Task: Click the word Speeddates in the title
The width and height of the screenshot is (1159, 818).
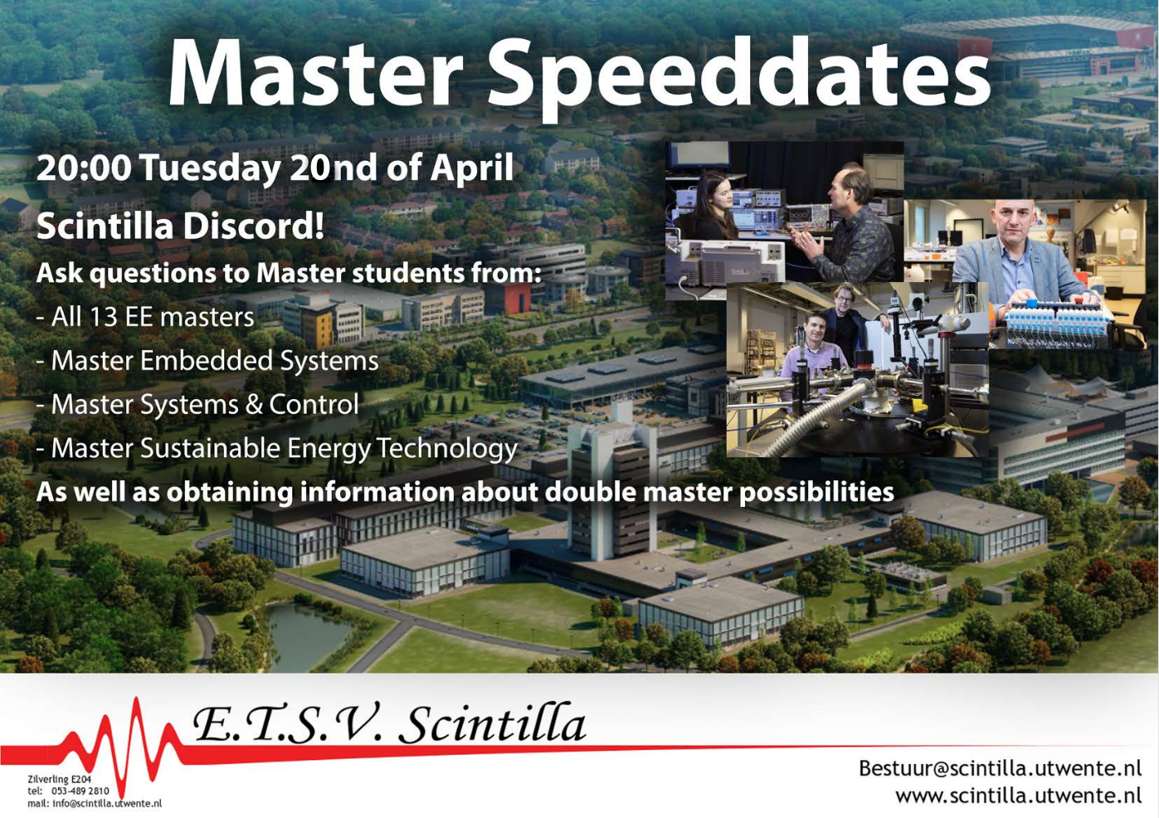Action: click(739, 78)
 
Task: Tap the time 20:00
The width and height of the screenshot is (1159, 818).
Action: click(84, 168)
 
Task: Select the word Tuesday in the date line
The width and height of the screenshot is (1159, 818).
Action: click(210, 169)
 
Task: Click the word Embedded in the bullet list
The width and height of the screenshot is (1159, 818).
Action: click(206, 360)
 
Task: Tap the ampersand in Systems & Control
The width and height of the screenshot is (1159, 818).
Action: click(254, 404)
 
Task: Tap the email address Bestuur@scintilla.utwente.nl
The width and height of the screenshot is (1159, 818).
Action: click(1000, 768)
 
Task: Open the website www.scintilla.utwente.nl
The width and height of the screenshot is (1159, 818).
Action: click(1018, 796)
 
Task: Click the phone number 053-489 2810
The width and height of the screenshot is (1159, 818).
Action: click(80, 791)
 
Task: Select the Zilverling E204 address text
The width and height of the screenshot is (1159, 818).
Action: click(60, 779)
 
